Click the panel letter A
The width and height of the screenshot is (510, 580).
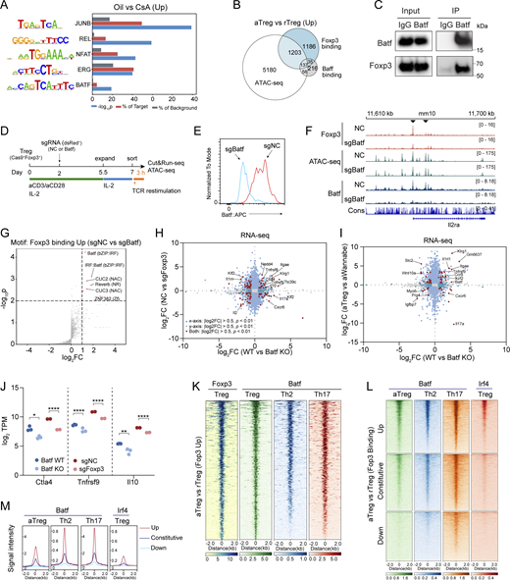tap(7, 8)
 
